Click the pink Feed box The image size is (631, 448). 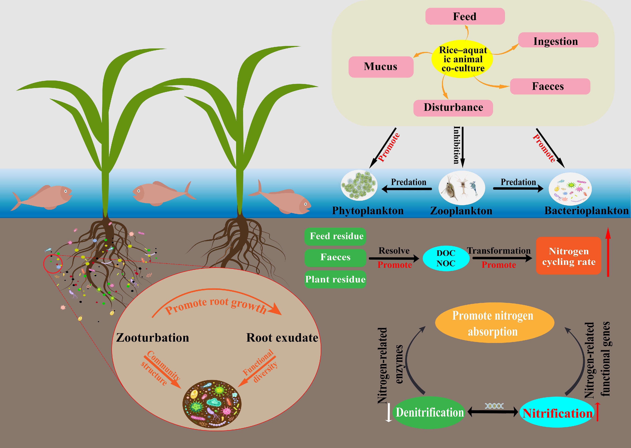(x=465, y=16)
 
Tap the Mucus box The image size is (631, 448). (x=381, y=67)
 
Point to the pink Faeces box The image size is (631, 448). (x=550, y=86)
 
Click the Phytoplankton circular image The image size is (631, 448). (x=359, y=185)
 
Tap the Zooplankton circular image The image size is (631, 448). (x=461, y=188)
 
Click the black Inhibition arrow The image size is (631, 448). (x=463, y=146)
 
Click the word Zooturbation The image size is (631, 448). (x=152, y=338)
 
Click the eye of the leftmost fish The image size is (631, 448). (x=66, y=191)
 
